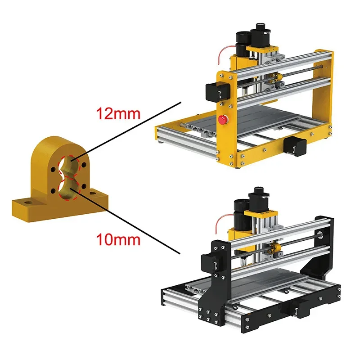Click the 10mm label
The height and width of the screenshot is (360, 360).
tap(118, 239)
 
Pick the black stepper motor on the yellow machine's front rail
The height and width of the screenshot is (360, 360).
tap(295, 146)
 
